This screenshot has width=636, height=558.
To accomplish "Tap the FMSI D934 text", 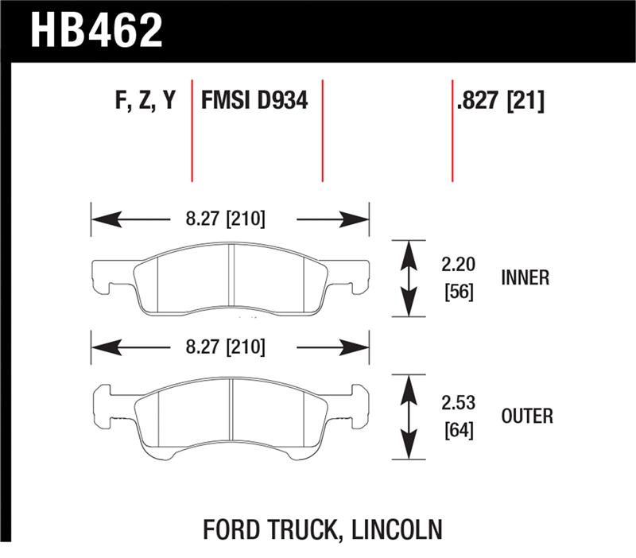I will click(254, 102).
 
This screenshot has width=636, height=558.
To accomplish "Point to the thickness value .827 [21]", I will click(500, 102).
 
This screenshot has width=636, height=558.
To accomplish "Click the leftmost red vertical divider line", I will click(192, 130).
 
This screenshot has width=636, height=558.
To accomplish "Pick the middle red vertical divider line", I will click(322, 130).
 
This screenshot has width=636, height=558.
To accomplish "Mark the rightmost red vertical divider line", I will click(452, 130).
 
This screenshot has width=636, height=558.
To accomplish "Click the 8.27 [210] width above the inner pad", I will click(231, 219).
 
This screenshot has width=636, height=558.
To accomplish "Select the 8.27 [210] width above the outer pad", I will click(231, 347).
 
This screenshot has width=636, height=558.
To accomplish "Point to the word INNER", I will click(525, 278).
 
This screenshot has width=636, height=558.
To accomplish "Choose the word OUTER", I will click(528, 416).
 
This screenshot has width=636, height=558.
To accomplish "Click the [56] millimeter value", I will click(459, 292).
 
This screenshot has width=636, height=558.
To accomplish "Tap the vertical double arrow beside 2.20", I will click(409, 279).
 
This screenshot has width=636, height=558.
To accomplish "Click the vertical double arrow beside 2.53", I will click(409, 417).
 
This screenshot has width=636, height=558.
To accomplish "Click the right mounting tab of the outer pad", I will click(357, 401).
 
